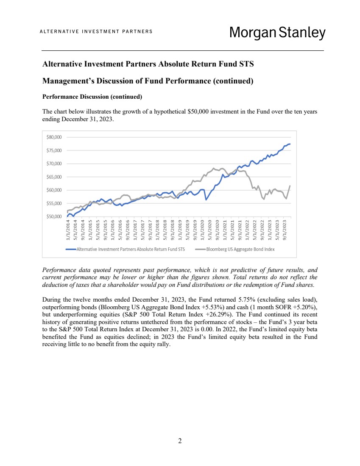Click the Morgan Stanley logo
277,33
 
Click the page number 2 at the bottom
180,441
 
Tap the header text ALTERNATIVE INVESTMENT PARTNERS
96,32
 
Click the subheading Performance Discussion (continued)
92,97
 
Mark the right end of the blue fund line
290,144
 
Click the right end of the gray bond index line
290,186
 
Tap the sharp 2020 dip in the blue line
206,200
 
